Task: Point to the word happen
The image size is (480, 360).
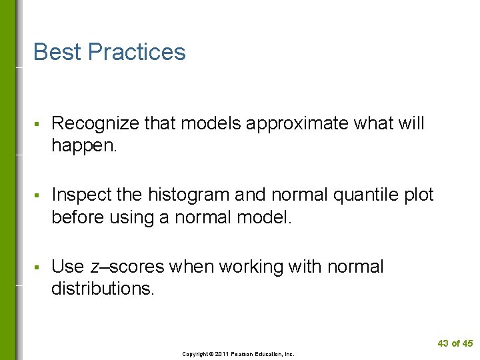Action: [x=83, y=145]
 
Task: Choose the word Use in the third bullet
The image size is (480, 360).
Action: [x=67, y=267]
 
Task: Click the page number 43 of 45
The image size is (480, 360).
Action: [x=455, y=343]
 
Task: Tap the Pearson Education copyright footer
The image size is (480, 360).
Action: [x=239, y=354]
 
